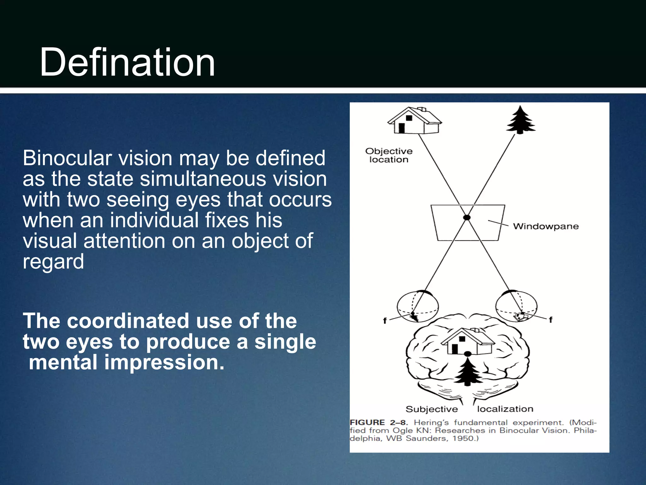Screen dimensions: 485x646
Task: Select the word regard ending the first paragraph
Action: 53,262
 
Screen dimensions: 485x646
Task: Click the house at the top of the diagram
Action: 414,121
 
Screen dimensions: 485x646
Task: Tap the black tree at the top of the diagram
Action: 520,121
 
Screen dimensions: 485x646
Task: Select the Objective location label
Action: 389,155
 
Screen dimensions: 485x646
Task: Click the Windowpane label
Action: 546,226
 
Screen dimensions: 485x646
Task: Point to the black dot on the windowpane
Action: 467,218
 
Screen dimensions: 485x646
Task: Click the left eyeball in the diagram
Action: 417,306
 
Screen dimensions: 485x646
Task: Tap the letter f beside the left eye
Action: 385,321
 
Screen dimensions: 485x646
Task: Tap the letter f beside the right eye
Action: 550,320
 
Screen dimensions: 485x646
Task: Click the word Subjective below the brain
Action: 432,409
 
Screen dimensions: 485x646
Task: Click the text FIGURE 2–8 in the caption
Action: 379,422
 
